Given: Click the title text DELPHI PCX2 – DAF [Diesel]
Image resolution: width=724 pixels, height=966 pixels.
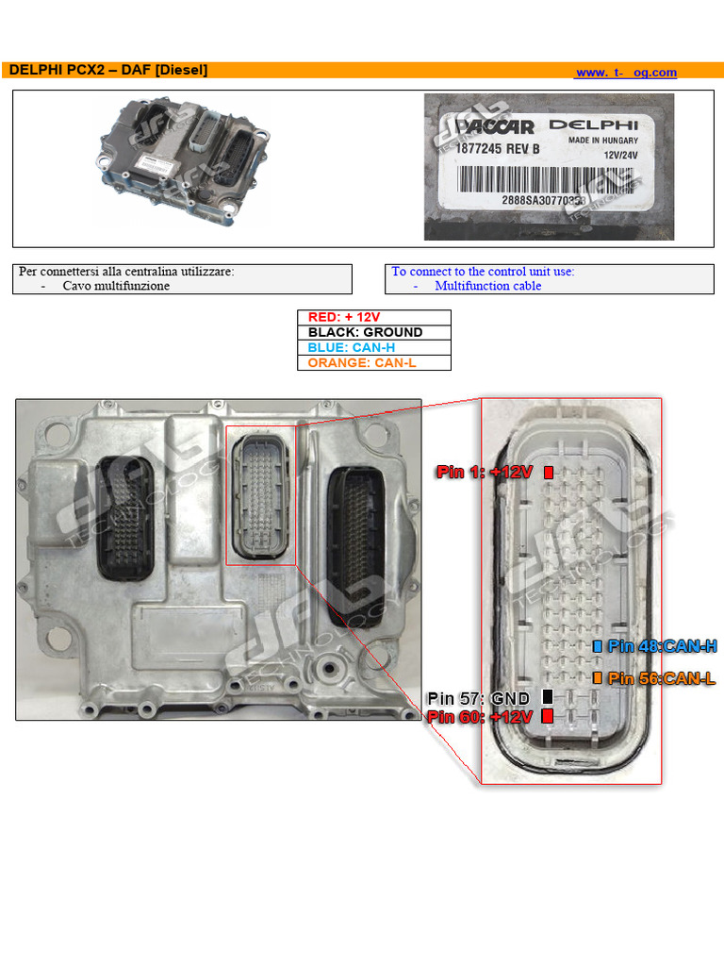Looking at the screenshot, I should click(x=107, y=71).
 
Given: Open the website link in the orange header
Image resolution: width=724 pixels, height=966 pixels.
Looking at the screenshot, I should click(x=626, y=73).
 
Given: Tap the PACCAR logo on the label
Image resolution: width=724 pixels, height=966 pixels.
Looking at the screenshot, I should click(x=496, y=127).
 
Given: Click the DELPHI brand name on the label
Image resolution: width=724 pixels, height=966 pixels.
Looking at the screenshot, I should click(x=593, y=125).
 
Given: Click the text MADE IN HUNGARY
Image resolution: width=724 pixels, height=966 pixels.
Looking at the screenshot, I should click(x=602, y=141).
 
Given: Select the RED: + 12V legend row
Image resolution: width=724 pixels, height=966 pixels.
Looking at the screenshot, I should click(x=374, y=318).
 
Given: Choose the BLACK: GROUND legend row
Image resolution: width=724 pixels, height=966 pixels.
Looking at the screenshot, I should click(x=374, y=332).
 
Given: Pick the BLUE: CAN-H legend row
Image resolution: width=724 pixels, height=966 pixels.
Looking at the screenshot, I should click(x=374, y=347).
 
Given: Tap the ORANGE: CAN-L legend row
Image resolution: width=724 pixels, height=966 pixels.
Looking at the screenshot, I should click(x=374, y=362).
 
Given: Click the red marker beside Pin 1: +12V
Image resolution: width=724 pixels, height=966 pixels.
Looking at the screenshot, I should click(x=549, y=472).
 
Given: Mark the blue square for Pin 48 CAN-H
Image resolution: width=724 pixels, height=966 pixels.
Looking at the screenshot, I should click(x=597, y=646).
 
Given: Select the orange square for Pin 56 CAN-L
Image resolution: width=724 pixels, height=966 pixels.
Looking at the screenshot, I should click(x=597, y=677).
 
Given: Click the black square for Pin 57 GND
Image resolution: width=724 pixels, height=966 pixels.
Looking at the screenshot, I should click(x=548, y=697).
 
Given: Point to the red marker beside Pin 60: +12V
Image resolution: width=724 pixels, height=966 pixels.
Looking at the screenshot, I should click(x=548, y=716).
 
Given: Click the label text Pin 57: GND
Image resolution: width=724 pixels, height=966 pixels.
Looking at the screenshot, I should click(x=480, y=698).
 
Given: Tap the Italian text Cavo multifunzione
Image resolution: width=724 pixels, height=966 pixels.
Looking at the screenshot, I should click(x=116, y=286).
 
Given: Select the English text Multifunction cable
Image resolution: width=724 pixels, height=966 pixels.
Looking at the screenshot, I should click(x=487, y=286).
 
